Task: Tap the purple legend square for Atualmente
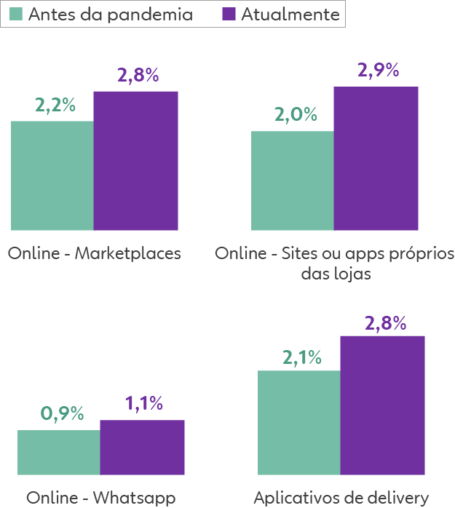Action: (228, 14)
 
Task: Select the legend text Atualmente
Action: (289, 14)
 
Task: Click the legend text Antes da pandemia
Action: (110, 14)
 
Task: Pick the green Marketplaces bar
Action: (52, 175)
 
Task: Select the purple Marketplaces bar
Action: (135, 160)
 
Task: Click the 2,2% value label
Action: (55, 105)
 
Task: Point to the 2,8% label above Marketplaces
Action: (138, 75)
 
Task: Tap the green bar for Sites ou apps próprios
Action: (292, 180)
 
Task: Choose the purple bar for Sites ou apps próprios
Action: (376, 158)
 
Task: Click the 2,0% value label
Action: (296, 115)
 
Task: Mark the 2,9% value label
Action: (378, 71)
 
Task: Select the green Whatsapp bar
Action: (58, 452)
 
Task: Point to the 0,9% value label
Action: (62, 414)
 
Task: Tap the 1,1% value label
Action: (143, 404)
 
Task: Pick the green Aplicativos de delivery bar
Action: (298, 422)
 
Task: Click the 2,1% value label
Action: (301, 357)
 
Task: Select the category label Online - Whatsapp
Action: (101, 498)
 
